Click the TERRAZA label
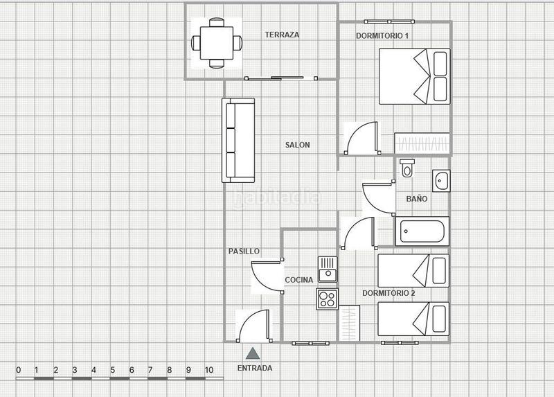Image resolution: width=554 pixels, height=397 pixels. pyautogui.click(x=282, y=35)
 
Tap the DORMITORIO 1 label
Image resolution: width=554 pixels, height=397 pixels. pyautogui.click(x=382, y=35)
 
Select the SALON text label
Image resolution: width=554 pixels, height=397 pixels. pyautogui.click(x=297, y=145)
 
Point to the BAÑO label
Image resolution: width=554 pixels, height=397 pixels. pyautogui.click(x=416, y=199)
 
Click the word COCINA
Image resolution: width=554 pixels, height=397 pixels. pyautogui.click(x=299, y=280)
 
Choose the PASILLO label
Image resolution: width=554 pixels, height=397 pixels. pyautogui.click(x=244, y=252)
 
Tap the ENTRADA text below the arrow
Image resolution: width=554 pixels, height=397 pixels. pyautogui.click(x=254, y=369)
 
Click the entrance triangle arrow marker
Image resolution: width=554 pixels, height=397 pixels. pyautogui.click(x=254, y=353)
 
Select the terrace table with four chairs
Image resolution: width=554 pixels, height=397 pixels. pyautogui.click(x=217, y=42)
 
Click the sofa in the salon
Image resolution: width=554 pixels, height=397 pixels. pyautogui.click(x=238, y=141)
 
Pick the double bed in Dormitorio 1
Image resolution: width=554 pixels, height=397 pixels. pyautogui.click(x=413, y=75)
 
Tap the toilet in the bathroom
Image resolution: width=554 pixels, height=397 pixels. pyautogui.click(x=407, y=167)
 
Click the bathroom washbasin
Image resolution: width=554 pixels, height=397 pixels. pyautogui.click(x=441, y=180)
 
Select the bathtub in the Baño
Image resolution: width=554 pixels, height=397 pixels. pyautogui.click(x=422, y=231)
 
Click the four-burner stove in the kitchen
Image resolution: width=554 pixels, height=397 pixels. pyautogui.click(x=327, y=299)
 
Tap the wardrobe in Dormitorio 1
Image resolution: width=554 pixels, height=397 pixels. pyautogui.click(x=422, y=143)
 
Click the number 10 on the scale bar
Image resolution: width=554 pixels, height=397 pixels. pyautogui.click(x=208, y=370)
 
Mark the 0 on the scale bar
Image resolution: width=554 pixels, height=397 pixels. pyautogui.click(x=18, y=370)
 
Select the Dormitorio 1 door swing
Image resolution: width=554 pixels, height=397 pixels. pyautogui.click(x=361, y=137)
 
